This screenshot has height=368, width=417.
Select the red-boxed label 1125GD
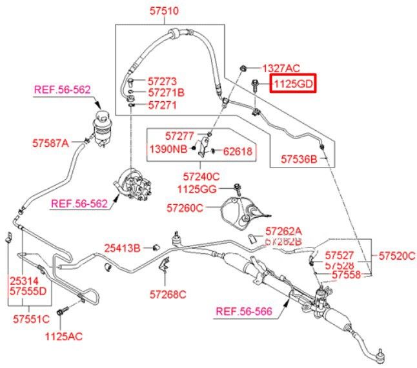(292, 84)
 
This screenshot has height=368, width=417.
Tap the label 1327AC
(281, 68)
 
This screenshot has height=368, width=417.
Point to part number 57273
(162, 82)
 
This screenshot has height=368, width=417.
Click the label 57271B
(166, 93)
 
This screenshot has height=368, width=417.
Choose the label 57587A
(50, 142)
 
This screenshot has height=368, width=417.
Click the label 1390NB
(168, 150)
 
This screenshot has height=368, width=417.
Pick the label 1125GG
(199, 189)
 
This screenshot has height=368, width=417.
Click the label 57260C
(185, 208)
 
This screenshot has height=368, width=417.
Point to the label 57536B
(299, 158)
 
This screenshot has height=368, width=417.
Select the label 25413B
(123, 247)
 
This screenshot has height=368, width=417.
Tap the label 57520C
(396, 255)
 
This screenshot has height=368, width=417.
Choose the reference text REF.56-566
(243, 312)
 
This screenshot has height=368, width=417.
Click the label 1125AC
(63, 335)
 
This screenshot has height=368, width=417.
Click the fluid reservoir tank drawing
(102, 125)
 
